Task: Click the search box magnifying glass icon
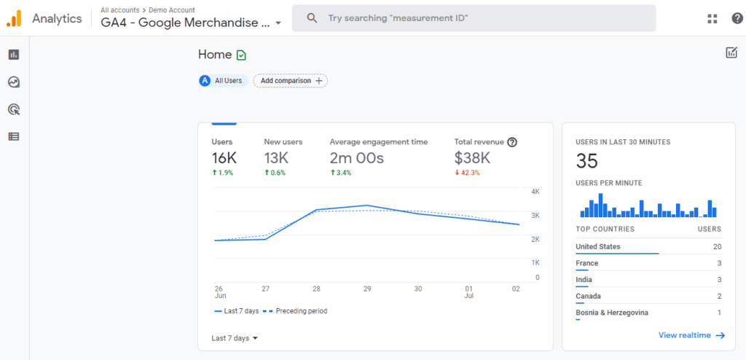(x=312, y=18)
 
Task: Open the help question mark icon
(x=737, y=19)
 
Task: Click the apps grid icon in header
(x=712, y=19)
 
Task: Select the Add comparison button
(x=290, y=81)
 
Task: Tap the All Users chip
(x=223, y=81)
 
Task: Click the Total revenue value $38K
(x=472, y=158)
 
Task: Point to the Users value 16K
(x=224, y=158)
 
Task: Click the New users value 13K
(x=277, y=158)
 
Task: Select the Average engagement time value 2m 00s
(x=356, y=158)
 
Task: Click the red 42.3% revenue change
(x=469, y=173)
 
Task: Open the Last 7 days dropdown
(x=235, y=338)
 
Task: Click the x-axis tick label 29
(x=367, y=289)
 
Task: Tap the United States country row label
(x=598, y=247)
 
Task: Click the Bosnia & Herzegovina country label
(x=612, y=313)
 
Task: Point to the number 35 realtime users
(x=586, y=161)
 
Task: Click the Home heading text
(x=215, y=55)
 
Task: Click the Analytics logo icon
(x=15, y=19)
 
